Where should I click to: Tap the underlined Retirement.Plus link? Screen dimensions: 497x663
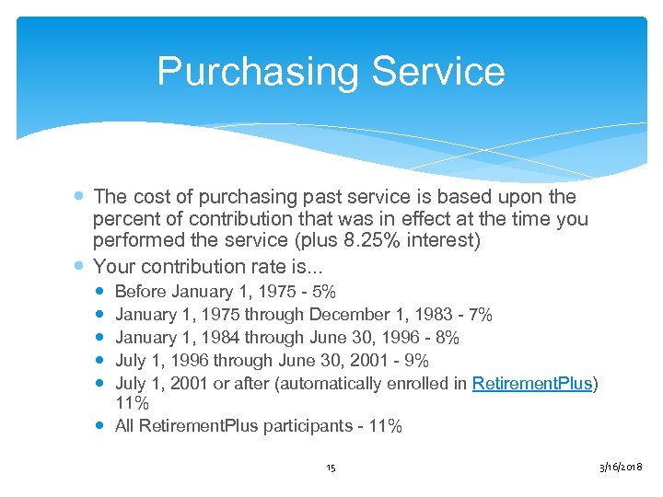tap(532, 383)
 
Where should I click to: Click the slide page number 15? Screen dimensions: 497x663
tap(331, 468)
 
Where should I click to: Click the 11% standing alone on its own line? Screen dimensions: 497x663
tap(131, 404)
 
